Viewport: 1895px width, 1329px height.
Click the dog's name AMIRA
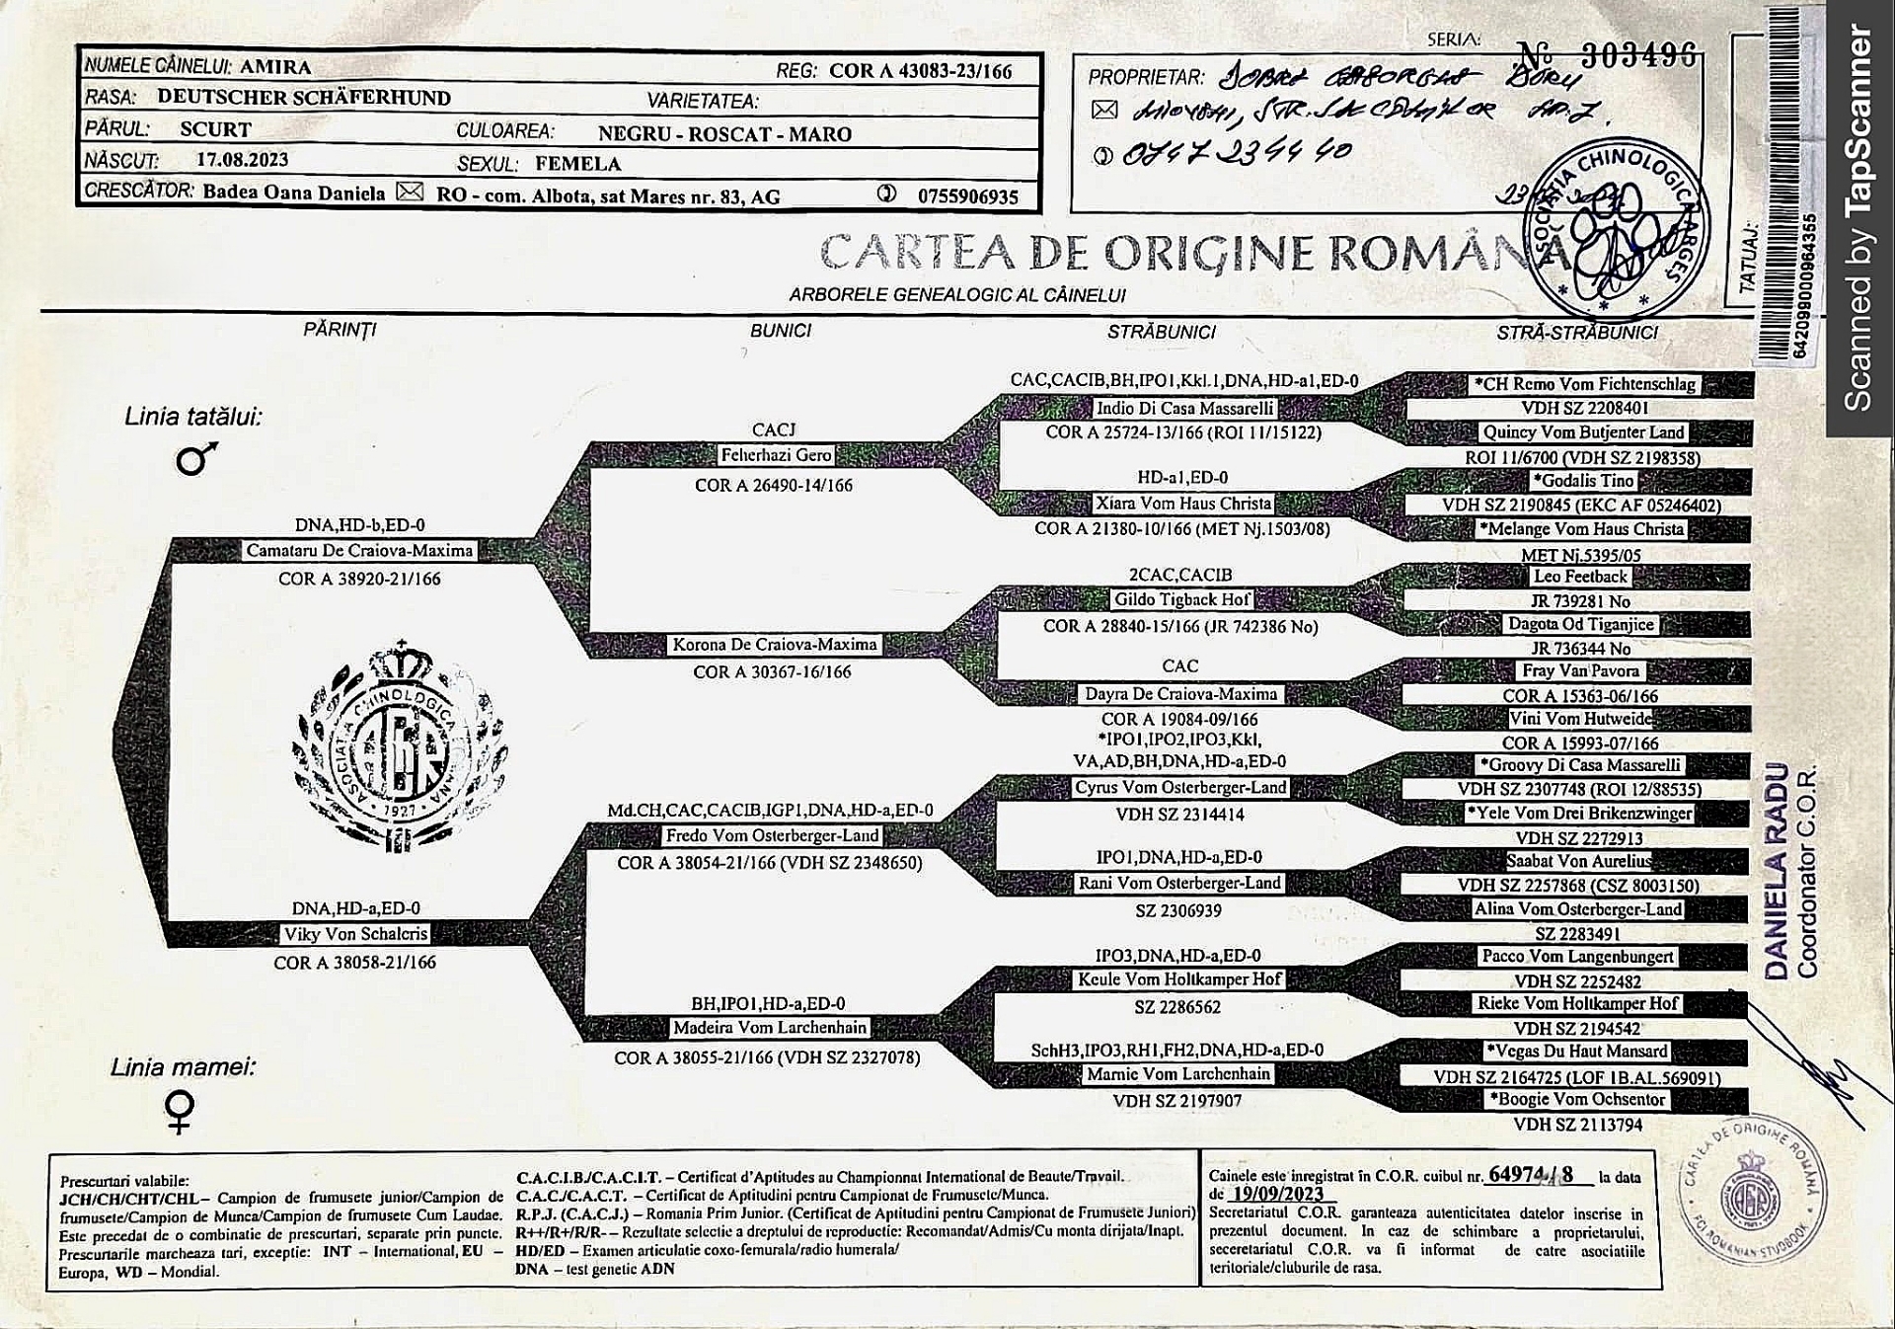click(x=275, y=67)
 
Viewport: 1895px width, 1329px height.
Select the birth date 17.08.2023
click(x=242, y=160)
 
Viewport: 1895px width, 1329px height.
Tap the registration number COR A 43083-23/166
click(x=920, y=71)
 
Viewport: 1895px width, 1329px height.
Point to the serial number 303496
click(x=1638, y=55)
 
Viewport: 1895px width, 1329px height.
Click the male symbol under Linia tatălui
click(x=196, y=459)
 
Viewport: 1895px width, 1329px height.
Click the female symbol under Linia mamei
click(x=180, y=1111)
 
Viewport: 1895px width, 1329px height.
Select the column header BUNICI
click(x=780, y=331)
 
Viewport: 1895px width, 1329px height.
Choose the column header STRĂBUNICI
click(x=1161, y=333)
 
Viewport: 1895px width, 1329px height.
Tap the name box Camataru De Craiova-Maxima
click(x=359, y=551)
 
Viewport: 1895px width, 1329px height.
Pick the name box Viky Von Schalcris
click(x=355, y=934)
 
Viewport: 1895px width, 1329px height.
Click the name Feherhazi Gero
click(x=776, y=455)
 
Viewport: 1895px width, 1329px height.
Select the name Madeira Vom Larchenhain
click(x=770, y=1028)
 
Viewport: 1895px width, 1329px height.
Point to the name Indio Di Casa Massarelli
click(x=1184, y=409)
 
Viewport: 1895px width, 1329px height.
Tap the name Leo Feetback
click(x=1580, y=577)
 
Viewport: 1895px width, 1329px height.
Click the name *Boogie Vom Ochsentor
click(x=1576, y=1099)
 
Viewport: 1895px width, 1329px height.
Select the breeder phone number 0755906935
click(x=967, y=196)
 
